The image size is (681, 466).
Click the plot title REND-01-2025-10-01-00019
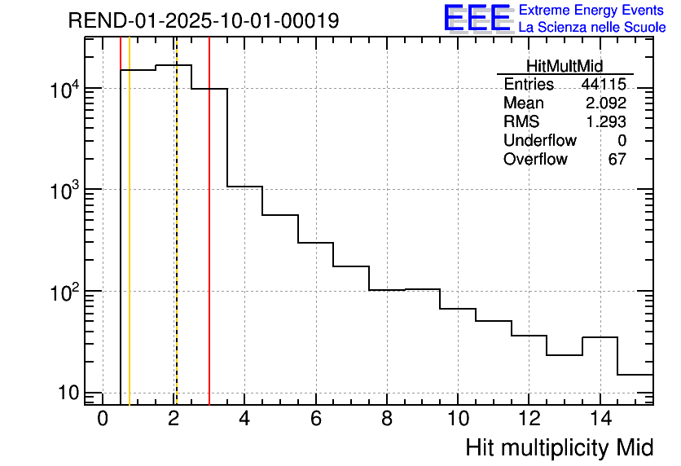[x=204, y=21]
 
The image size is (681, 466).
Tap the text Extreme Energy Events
[x=592, y=11]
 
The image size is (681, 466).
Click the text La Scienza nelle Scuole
[x=592, y=28]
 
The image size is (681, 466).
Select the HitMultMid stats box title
[x=565, y=67]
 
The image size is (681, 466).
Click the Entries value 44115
[x=603, y=85]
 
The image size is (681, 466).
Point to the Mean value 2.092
[x=605, y=103]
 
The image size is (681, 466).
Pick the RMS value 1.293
[x=605, y=122]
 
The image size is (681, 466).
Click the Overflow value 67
[x=617, y=160]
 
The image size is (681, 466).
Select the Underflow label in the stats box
[x=540, y=141]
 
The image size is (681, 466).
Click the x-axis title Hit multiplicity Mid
[x=560, y=447]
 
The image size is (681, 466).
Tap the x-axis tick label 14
[x=600, y=420]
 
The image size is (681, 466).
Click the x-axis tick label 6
[x=316, y=420]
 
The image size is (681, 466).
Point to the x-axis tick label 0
[x=103, y=420]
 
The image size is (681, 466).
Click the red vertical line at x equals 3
[x=209, y=244]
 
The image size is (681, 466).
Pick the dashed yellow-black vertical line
[x=176, y=244]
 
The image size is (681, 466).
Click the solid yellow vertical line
[x=130, y=244]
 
